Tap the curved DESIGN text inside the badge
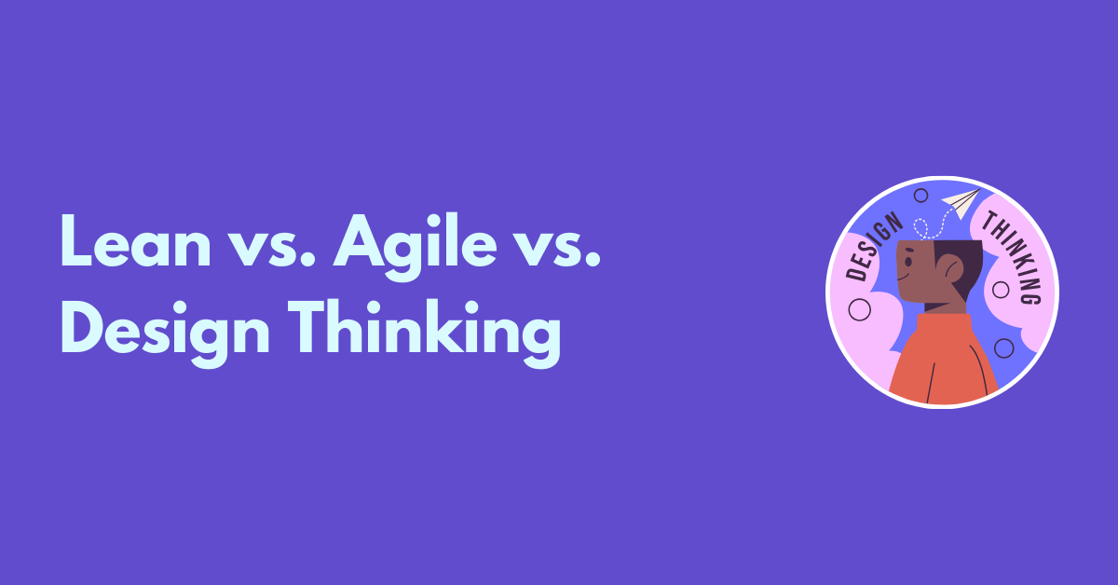pos(872,247)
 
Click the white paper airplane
pos(961,200)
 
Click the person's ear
pos(951,272)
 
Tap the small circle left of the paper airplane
pos(920,196)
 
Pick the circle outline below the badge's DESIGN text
pos(860,308)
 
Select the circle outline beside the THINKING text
pos(1001,290)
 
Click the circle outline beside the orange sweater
pos(1003,348)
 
